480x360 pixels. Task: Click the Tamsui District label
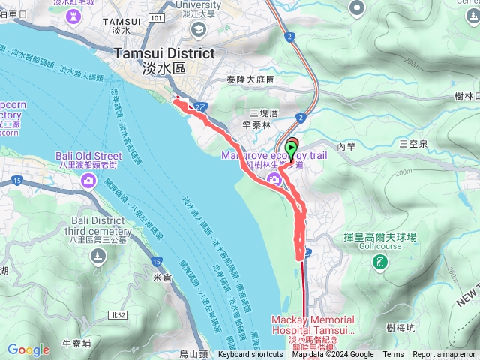163,54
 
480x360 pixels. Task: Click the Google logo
28,349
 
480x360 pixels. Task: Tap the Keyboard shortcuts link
250,355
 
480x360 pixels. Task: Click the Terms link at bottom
393,355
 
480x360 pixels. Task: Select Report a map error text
444,355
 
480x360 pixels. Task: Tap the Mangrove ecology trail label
274,155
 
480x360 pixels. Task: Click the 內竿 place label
346,148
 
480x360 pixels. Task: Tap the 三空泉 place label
412,143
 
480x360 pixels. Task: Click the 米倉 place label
163,277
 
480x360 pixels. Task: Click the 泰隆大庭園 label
250,79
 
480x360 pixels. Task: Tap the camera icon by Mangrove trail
274,178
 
